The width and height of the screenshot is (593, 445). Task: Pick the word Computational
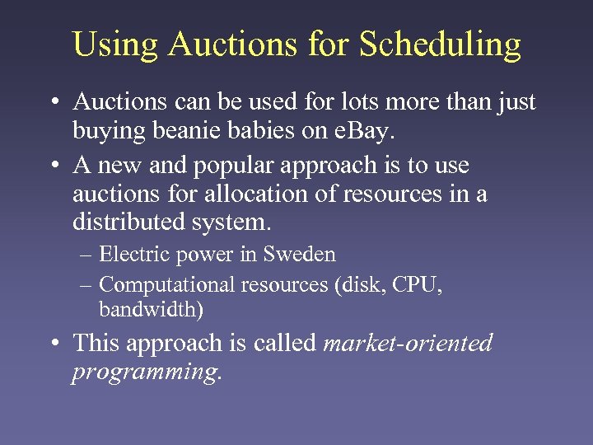[166, 285]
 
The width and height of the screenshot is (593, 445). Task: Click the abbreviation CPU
[416, 285]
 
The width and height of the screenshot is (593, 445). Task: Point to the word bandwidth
[148, 310]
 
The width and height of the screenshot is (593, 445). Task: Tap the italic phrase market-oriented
[408, 343]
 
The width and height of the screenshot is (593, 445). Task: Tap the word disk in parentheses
[353, 285]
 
